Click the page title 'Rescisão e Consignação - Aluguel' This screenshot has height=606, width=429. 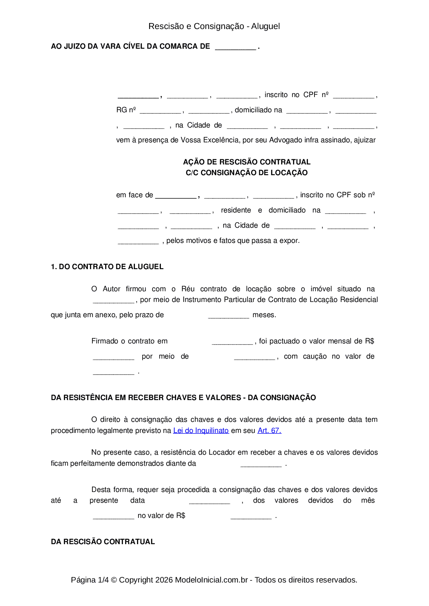pos(214,26)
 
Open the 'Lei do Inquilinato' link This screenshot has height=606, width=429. pos(201,430)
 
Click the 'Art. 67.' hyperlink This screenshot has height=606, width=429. pos(270,430)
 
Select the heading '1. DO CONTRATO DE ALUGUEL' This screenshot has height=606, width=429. pos(107,267)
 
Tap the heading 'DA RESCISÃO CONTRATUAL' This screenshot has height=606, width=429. pos(103,542)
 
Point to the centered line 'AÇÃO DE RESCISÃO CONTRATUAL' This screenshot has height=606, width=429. pos(247,162)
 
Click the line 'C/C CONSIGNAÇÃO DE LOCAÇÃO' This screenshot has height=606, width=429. pos(247,173)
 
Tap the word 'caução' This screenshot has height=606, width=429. pos(315,357)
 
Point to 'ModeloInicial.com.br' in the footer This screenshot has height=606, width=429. pos(211,580)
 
